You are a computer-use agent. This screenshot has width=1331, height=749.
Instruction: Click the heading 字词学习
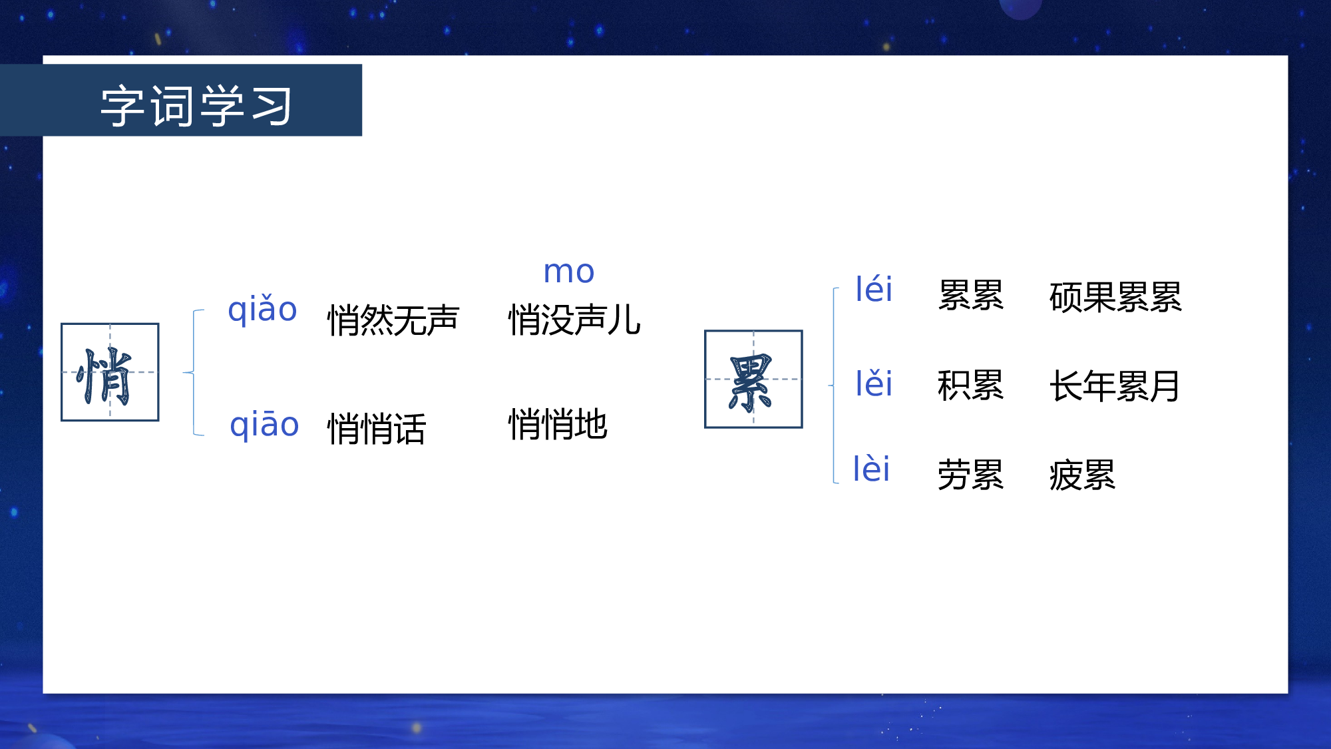point(196,105)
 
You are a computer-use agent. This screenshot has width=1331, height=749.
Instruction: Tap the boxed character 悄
point(110,372)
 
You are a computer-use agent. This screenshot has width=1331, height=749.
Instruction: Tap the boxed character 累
point(753,379)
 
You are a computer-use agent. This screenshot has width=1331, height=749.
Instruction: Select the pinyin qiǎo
point(262,310)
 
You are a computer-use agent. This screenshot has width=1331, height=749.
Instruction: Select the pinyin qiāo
point(264,425)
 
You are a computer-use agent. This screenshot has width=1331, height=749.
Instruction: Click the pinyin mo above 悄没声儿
point(568,272)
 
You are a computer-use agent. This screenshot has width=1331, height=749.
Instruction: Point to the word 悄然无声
point(393,320)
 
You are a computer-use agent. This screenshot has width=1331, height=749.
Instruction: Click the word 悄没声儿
point(574,320)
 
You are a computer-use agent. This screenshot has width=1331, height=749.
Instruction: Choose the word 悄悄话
point(376,429)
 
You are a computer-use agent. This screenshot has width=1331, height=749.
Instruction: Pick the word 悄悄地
point(558,425)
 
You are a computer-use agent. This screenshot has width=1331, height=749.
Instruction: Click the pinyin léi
point(873,290)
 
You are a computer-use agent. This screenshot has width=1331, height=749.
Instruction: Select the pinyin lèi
point(871,469)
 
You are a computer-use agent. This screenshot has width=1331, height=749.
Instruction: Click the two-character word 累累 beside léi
point(970,296)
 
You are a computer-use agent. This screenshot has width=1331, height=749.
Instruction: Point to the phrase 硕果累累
point(1115,297)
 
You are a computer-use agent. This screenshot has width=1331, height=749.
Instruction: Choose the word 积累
point(970,385)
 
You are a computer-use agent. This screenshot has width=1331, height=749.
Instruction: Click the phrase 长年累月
point(1115,386)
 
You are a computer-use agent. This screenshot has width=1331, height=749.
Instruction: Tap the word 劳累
point(970,475)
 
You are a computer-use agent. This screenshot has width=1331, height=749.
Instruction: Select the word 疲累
point(1081,475)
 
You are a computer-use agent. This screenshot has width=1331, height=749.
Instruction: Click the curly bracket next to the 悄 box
point(193,372)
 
